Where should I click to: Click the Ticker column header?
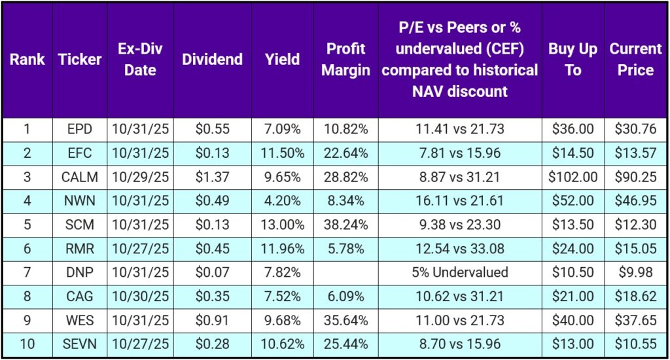coord(80,60)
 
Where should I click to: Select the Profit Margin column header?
coord(345,60)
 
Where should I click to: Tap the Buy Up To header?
coord(573,60)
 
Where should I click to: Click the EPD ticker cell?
coord(80,129)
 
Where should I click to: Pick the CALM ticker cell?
coord(80,177)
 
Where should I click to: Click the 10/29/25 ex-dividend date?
coord(140,177)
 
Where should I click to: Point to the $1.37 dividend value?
coord(212,177)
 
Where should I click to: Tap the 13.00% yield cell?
coord(283,225)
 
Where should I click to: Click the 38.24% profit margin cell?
coord(345,225)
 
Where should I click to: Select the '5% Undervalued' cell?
coord(459,273)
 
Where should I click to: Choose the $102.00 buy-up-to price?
coord(573,177)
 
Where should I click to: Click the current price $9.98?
coord(635,273)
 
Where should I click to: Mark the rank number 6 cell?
coord(27,249)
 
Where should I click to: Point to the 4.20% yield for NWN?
coord(283,201)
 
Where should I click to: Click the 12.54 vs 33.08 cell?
coord(459,249)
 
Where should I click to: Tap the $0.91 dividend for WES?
coord(212,321)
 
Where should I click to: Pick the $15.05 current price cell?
coord(635,249)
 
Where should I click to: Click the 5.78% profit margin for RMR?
coord(345,249)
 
